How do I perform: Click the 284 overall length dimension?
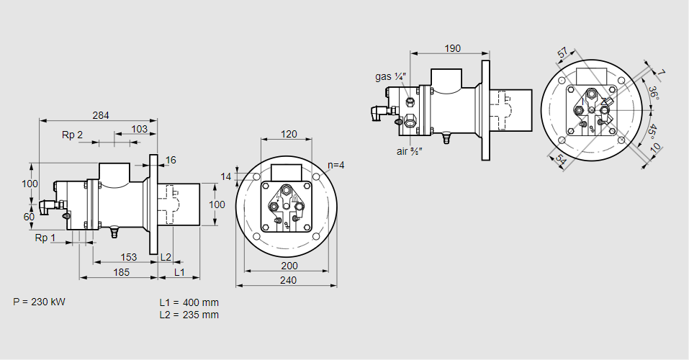click(102, 114)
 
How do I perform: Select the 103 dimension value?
click(140, 129)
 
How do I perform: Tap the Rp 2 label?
click(73, 135)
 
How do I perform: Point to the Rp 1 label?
click(45, 238)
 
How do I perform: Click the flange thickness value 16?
click(171, 160)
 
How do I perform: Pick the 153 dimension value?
click(128, 257)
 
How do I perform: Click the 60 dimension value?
click(29, 217)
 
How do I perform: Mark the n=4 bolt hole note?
click(336, 165)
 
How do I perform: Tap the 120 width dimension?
click(289, 134)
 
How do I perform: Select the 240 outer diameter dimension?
click(288, 280)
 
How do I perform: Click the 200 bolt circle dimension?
click(288, 266)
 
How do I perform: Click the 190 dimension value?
click(452, 48)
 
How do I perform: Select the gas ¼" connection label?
click(391, 76)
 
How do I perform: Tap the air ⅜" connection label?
click(409, 151)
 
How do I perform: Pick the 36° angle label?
click(653, 94)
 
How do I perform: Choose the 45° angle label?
click(652, 132)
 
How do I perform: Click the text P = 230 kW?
click(39, 302)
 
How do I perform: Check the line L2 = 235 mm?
click(189, 315)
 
